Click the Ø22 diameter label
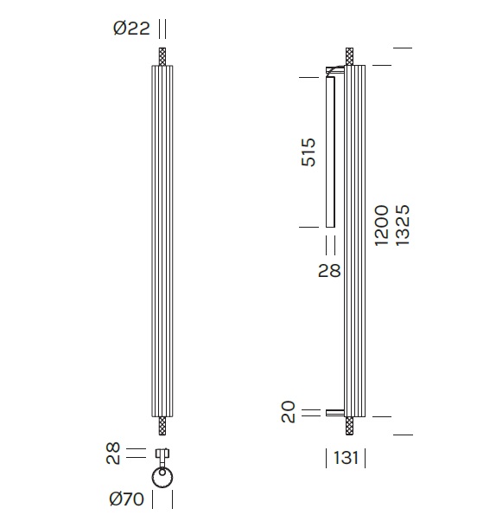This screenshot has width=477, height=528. tap(131, 28)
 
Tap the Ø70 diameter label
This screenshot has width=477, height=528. tap(127, 499)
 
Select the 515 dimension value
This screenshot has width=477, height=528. tap(308, 151)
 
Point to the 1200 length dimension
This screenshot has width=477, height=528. tap(382, 225)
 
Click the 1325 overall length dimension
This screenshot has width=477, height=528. tap(403, 225)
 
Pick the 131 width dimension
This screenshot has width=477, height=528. tap(346, 458)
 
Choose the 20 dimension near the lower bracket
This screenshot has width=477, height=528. tap(288, 411)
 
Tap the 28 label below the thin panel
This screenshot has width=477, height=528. tap(329, 271)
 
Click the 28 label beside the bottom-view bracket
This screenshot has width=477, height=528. tap(113, 454)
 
